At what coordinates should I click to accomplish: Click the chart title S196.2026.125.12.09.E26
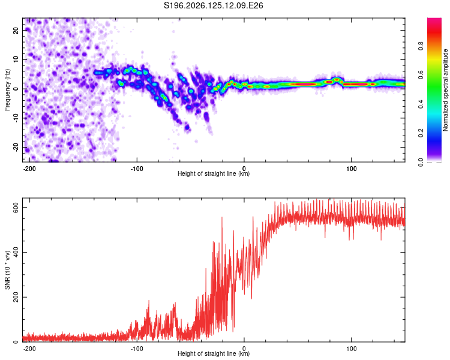(x=213, y=5)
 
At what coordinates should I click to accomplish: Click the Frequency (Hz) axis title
(x=7, y=90)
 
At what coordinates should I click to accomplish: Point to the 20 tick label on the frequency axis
(x=16, y=30)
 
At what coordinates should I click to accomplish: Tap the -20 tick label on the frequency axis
(x=16, y=147)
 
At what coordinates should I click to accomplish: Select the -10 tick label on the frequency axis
(x=16, y=118)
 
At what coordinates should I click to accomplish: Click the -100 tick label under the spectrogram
(x=137, y=169)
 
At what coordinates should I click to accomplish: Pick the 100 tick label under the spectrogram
(x=351, y=169)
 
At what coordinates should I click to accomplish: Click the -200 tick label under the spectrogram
(x=29, y=169)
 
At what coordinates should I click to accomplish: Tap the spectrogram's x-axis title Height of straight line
(x=214, y=173)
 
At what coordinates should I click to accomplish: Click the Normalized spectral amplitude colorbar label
(x=445, y=90)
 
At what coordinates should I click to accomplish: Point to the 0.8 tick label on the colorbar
(x=421, y=46)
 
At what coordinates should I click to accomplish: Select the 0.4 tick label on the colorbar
(x=421, y=104)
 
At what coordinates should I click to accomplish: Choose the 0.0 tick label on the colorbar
(x=421, y=162)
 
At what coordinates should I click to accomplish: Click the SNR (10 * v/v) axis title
(x=7, y=270)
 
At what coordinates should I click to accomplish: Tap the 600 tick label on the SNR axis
(x=16, y=207)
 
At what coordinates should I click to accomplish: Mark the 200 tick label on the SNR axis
(x=16, y=297)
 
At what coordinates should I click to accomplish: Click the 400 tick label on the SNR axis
(x=16, y=253)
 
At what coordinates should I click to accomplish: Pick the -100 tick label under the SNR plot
(x=137, y=349)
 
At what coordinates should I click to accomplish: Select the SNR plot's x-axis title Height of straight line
(x=214, y=353)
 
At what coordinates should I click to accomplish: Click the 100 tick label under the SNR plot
(x=351, y=349)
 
